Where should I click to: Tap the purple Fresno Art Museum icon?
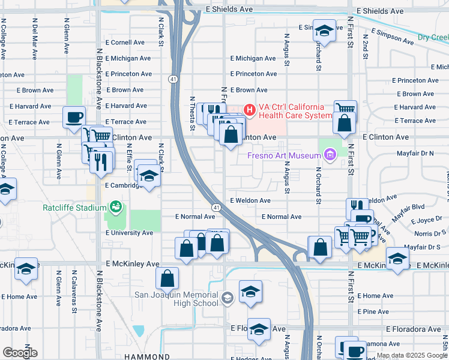point(329,157)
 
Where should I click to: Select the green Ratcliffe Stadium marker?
point(116,208)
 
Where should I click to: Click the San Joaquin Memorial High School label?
point(175,298)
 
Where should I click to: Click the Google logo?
point(20,353)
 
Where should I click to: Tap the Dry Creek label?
point(433,37)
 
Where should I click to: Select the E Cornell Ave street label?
point(125,43)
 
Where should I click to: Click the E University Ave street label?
point(129,233)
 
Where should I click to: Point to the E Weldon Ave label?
point(250,200)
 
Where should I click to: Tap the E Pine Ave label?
point(373,311)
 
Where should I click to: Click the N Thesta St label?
point(193,113)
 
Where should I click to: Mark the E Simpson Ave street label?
point(393,37)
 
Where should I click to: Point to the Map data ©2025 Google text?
point(412,355)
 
